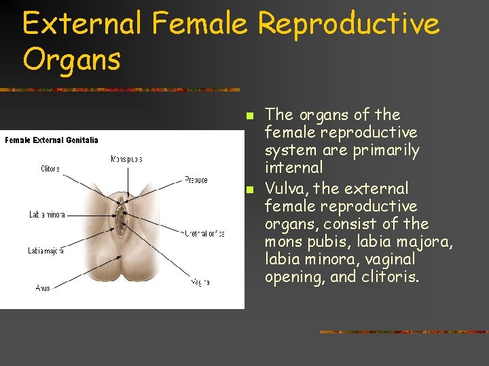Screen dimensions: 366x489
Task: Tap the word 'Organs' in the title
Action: (x=71, y=60)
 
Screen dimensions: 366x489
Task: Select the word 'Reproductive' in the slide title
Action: (x=348, y=25)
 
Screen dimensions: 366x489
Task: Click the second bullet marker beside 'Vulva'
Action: (x=249, y=188)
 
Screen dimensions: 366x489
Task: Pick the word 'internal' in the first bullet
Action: (x=293, y=167)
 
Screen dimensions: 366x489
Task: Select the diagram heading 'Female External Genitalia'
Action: (x=52, y=140)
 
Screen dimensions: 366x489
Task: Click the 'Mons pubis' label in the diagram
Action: (x=126, y=159)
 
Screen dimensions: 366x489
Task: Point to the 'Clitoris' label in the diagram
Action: (x=50, y=169)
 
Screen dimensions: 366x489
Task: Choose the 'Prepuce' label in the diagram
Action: (x=196, y=180)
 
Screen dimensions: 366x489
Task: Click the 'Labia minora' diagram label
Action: (x=47, y=215)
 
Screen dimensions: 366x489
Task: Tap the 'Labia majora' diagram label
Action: (x=46, y=251)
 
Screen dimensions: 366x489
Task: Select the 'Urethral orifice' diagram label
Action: (x=204, y=233)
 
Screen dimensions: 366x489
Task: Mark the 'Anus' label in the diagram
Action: (x=43, y=288)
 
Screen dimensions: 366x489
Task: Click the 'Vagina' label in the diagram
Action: (x=200, y=282)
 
